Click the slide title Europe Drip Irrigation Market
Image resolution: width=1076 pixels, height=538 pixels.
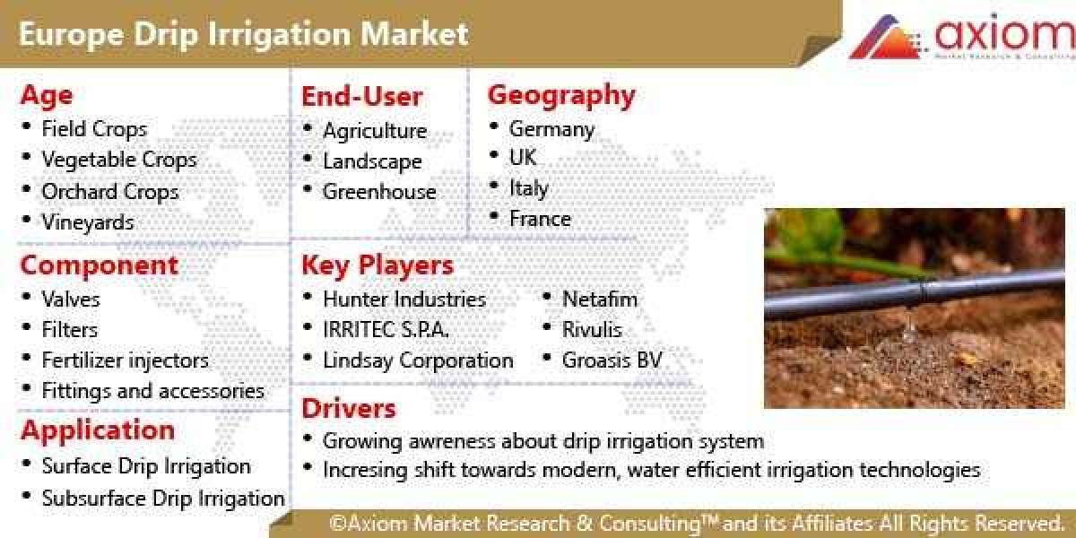pyautogui.click(x=242, y=34)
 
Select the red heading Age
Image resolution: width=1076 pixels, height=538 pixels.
pyautogui.click(x=47, y=95)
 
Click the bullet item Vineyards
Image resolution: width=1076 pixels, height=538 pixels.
pyautogui.click(x=87, y=221)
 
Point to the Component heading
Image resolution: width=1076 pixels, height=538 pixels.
pyautogui.click(x=99, y=265)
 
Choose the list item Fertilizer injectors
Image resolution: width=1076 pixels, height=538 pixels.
pyautogui.click(x=125, y=360)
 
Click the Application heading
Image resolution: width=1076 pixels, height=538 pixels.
pyautogui.click(x=98, y=430)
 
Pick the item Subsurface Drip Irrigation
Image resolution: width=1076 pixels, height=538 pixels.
pyautogui.click(x=162, y=499)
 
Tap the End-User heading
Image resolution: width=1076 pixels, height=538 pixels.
pyautogui.click(x=361, y=97)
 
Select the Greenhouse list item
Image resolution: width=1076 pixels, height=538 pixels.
pyautogui.click(x=378, y=192)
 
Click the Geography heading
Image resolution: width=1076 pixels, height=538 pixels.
pyautogui.click(x=561, y=94)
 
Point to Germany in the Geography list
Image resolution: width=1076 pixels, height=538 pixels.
pyautogui.click(x=551, y=129)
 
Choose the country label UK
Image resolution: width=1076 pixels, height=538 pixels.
pyautogui.click(x=523, y=158)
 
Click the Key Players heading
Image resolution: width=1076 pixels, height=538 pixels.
pyautogui.click(x=377, y=265)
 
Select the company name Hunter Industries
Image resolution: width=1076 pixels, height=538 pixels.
pyautogui.click(x=403, y=299)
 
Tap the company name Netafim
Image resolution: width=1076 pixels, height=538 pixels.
pyautogui.click(x=600, y=299)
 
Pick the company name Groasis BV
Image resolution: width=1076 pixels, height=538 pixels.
pyautogui.click(x=612, y=360)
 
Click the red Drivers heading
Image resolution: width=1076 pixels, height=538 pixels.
pyautogui.click(x=348, y=409)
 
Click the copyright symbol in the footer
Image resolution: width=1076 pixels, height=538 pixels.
pyautogui.click(x=338, y=523)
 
